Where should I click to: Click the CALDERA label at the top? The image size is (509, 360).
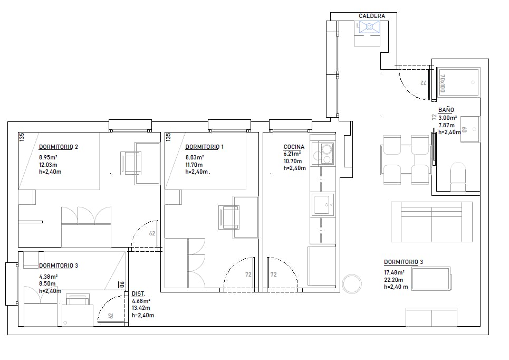pyautogui.click(x=372, y=16)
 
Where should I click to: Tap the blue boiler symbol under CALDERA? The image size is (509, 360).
pyautogui.click(x=369, y=27)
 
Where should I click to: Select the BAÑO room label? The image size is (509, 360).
pyautogui.click(x=446, y=110)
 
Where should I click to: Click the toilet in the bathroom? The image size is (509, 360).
pyautogui.click(x=458, y=177)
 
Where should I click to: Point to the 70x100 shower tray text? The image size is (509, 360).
pyautogui.click(x=443, y=83)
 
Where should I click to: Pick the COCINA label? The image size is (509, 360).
pyautogui.click(x=294, y=147)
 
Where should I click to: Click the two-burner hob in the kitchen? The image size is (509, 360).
pyautogui.click(x=323, y=154)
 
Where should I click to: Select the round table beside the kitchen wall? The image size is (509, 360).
pyautogui.click(x=352, y=284)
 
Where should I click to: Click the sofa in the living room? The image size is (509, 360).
pyautogui.click(x=431, y=222)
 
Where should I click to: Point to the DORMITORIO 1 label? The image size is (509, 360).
pyautogui.click(x=204, y=147)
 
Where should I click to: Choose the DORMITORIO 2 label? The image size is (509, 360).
pyautogui.click(x=59, y=147)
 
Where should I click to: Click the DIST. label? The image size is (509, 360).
pyautogui.click(x=138, y=293)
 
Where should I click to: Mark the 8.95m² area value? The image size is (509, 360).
pyautogui.click(x=48, y=158)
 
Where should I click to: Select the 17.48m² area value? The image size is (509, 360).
pyautogui.click(x=394, y=272)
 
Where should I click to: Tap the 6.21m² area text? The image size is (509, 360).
pyautogui.click(x=292, y=154)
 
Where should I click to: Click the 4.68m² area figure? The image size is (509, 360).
pyautogui.click(x=141, y=301)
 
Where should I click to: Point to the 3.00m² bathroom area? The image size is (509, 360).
pyautogui.click(x=448, y=118)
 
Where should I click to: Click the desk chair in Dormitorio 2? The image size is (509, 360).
pyautogui.click(x=131, y=164)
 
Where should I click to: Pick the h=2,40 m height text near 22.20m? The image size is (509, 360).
pyautogui.click(x=396, y=287)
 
